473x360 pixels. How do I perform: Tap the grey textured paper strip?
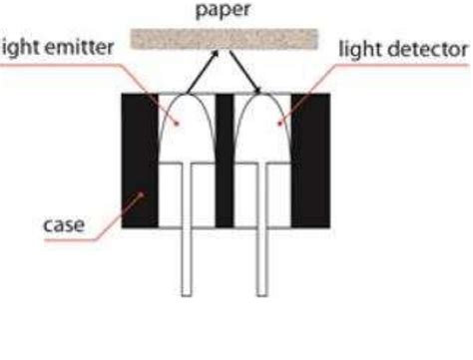pos(225,42)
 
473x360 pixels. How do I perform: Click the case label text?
pos(64,224)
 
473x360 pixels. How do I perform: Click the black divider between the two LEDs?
pos(226,160)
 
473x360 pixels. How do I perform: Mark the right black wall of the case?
pos(309,160)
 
